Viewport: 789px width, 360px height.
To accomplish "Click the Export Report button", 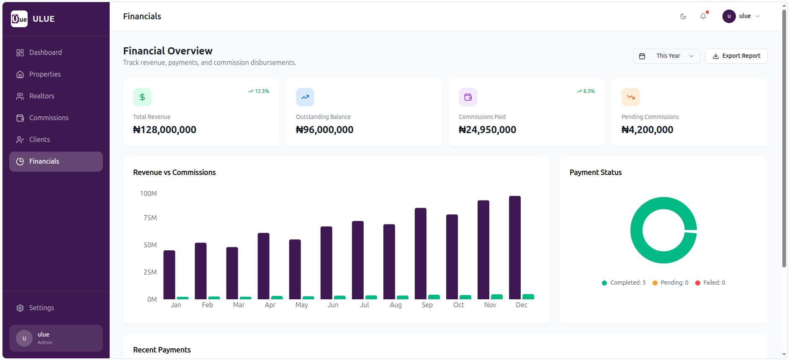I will click(736, 56).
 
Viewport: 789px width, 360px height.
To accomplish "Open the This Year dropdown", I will click(666, 56).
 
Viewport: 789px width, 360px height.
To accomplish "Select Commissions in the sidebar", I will click(49, 118).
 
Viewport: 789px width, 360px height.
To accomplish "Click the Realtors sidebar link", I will click(41, 96).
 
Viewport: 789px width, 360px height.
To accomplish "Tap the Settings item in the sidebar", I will click(41, 308).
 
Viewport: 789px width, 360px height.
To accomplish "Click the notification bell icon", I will click(703, 16).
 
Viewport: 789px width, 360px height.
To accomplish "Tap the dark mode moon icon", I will click(683, 16).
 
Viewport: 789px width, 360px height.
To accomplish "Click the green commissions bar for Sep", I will click(434, 297).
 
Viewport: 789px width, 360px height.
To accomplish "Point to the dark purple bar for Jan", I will click(169, 275).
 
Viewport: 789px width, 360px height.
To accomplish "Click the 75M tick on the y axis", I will click(150, 218).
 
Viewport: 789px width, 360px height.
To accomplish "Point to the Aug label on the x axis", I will click(396, 305).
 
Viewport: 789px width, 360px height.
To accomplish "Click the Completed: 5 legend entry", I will click(623, 283).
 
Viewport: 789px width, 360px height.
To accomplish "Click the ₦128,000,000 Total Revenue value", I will click(164, 130).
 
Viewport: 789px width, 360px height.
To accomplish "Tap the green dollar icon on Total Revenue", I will click(142, 97).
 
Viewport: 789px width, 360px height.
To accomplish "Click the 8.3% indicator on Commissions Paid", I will click(586, 91).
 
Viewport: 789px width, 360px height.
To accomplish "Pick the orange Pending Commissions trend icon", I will click(630, 97).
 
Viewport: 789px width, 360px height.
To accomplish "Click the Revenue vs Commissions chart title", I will click(174, 172).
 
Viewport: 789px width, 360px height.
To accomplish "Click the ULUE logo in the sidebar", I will click(19, 19).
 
